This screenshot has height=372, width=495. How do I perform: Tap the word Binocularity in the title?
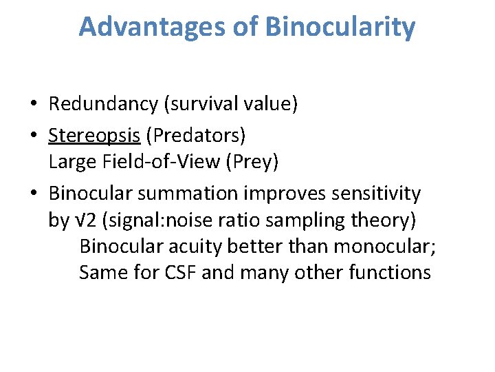coord(340,27)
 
